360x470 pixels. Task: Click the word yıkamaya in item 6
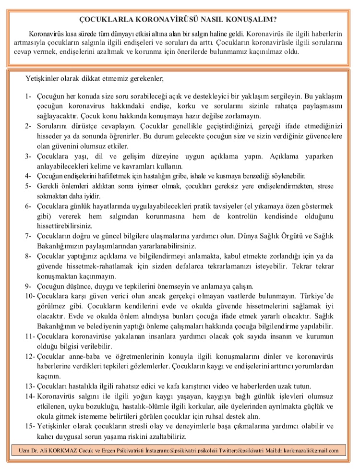[x=268, y=206]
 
